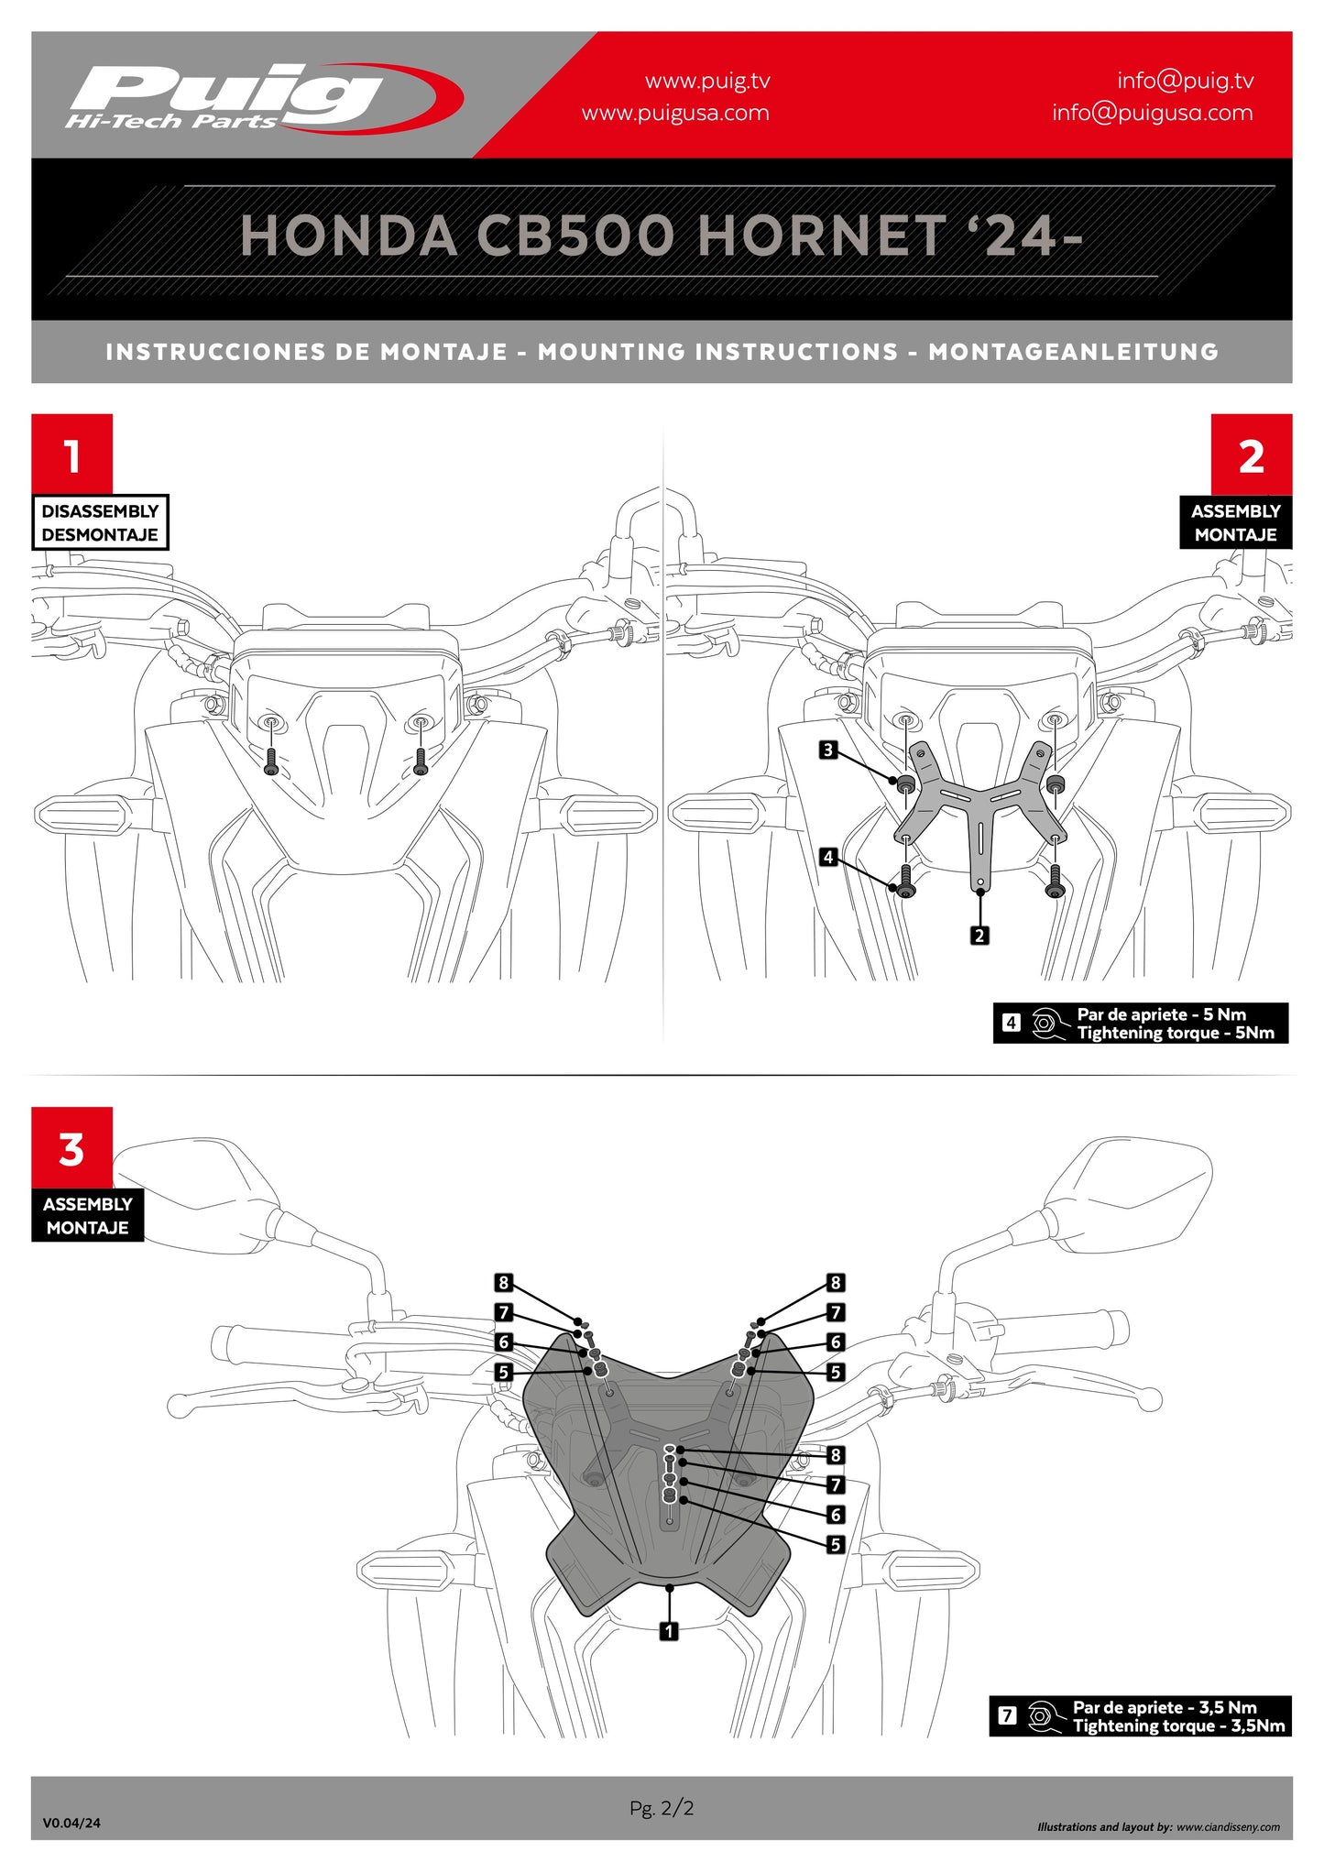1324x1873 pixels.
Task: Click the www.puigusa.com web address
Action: click(675, 113)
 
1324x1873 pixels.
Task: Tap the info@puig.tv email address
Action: click(1185, 81)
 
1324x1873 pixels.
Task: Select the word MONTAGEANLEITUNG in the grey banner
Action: click(1072, 352)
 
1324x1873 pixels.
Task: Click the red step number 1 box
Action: click(71, 455)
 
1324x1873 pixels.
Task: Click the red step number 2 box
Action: click(1251, 455)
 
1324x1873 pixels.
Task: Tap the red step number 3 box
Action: click(71, 1147)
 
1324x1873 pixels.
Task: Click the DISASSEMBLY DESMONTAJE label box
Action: click(100, 522)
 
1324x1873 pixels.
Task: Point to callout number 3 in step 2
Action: click(828, 750)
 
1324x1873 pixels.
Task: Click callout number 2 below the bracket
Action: click(979, 936)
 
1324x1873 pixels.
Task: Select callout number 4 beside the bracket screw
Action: click(828, 858)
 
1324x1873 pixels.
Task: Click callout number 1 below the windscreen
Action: click(670, 1631)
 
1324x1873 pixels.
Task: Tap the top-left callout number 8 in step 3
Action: click(503, 1283)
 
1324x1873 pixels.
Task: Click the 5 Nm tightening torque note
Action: click(1141, 1024)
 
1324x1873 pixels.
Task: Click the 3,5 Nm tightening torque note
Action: click(1140, 1716)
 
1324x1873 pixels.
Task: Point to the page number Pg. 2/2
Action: click(662, 1808)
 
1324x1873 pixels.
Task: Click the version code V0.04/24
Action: click(71, 1823)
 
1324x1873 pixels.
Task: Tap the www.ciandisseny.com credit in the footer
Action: click(1228, 1827)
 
